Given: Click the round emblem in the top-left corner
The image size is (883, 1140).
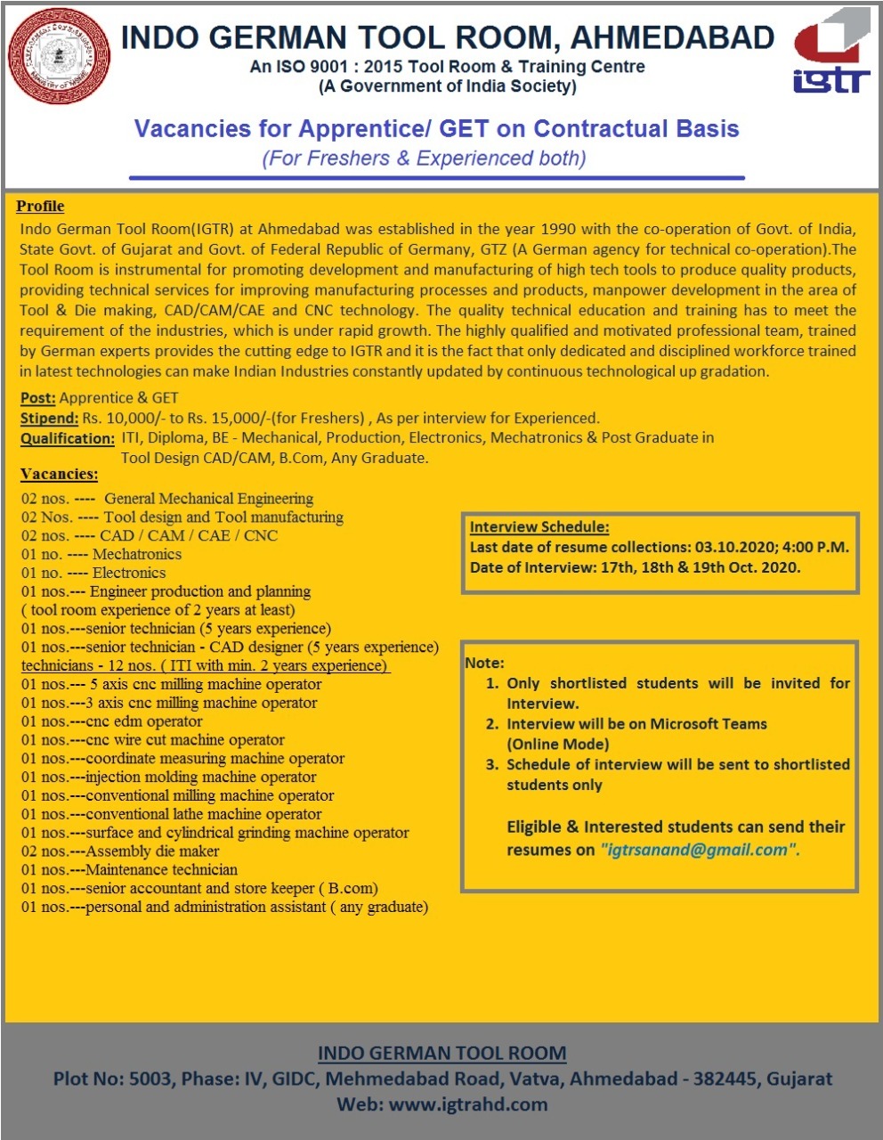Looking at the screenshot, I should point(59,59).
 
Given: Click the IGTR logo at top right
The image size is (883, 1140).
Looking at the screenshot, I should point(831,52).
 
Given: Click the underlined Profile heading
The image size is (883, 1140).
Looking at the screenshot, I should point(40,207).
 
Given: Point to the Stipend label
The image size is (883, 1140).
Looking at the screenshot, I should point(49,418).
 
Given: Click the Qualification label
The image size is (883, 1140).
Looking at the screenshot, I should point(68,438).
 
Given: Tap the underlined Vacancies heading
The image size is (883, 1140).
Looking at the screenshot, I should point(59,475).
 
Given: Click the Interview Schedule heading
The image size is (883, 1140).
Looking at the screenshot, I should point(539,526).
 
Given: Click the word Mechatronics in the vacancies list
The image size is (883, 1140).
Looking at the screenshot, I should point(137,554).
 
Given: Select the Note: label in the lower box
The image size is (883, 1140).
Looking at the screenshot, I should point(484,663).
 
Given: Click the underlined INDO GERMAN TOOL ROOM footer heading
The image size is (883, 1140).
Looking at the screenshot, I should point(441,1053).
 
